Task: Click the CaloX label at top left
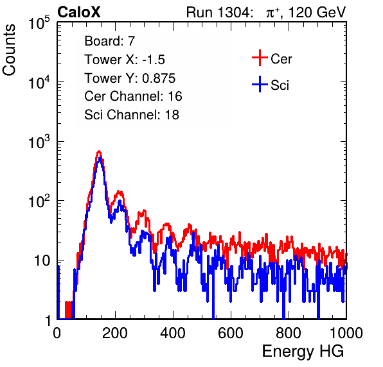pos(78,12)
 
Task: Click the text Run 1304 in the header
pos(218,12)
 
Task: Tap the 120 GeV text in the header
pos(317,12)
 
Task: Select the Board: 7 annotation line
pos(110,41)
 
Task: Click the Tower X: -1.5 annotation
pos(125,60)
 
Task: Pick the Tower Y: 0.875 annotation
pos(130,78)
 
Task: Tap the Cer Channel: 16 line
pos(133,96)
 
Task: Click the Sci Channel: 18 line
pos(132,115)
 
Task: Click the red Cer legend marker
pos(260,58)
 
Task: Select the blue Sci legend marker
pos(260,85)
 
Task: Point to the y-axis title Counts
pos(9,50)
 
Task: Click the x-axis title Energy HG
pos(303,352)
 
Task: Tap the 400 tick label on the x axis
pos(173,333)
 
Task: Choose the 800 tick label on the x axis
pos(289,333)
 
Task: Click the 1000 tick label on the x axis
pos(346,333)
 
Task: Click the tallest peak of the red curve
pos(99,151)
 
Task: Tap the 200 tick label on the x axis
pos(115,333)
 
